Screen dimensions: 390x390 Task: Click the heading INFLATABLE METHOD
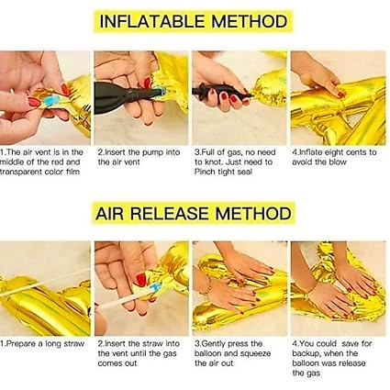click(194, 21)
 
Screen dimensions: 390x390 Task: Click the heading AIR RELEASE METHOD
click(194, 213)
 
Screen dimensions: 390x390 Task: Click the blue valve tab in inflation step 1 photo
click(51, 100)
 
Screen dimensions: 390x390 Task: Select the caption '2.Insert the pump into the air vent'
click(139, 157)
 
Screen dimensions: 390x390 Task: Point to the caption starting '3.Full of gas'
click(235, 162)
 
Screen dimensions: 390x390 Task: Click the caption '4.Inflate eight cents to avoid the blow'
click(334, 157)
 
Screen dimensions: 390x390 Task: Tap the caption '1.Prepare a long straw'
click(42, 344)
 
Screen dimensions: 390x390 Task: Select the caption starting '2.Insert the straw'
click(139, 353)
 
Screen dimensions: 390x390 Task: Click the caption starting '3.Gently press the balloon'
click(233, 353)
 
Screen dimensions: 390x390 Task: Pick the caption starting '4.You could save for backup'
click(332, 358)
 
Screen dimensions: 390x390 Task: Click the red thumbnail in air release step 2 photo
click(141, 280)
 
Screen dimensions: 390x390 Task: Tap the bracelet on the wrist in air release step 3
click(208, 285)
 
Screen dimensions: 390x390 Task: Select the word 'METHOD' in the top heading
click(250, 21)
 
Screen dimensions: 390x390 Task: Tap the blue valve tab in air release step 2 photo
click(156, 287)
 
